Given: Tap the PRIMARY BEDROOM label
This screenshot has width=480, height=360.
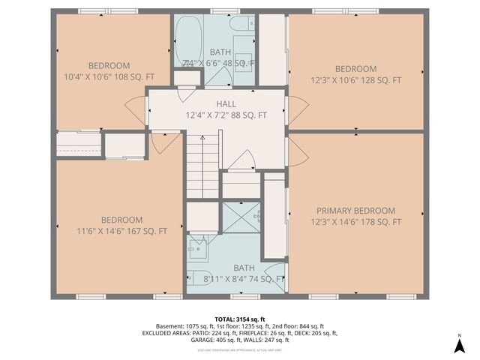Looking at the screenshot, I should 355,211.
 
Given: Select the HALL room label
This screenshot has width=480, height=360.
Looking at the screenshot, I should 226,104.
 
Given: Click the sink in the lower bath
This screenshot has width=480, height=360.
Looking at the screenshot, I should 198,245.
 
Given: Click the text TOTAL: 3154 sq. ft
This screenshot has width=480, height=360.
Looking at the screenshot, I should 239,318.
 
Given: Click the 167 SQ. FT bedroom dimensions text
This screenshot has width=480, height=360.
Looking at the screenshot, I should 121,231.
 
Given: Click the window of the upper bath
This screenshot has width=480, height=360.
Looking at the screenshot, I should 220,11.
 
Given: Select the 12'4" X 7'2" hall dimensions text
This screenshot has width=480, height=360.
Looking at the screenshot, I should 226,115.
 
